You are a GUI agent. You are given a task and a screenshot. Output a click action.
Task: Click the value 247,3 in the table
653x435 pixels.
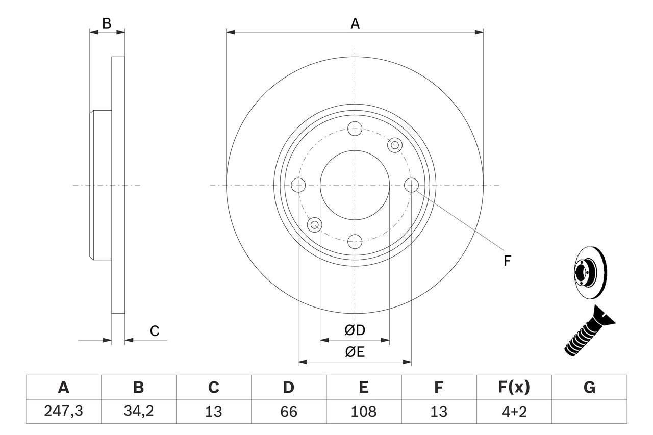click(63, 411)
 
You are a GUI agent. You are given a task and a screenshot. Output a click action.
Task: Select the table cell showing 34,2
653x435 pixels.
click(138, 411)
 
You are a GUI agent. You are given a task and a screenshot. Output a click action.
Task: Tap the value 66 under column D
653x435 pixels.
click(288, 411)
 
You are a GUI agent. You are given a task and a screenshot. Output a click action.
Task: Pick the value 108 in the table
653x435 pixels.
click(363, 411)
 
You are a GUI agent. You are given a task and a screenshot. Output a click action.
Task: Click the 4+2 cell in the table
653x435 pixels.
click(514, 411)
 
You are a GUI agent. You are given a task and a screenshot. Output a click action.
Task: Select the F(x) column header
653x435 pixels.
click(514, 388)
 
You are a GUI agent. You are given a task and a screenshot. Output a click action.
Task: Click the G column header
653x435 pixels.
click(589, 388)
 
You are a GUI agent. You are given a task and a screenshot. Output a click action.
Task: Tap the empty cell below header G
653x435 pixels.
click(589, 411)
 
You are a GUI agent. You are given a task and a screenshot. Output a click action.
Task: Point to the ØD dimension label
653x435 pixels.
click(355, 330)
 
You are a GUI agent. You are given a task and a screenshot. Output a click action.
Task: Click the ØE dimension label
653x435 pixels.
click(355, 352)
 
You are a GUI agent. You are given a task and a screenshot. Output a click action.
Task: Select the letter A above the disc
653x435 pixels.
click(355, 23)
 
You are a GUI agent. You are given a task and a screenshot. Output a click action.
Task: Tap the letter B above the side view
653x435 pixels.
click(106, 23)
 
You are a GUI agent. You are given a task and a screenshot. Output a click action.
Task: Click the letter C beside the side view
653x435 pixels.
click(155, 331)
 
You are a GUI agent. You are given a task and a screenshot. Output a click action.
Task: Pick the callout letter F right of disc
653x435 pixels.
click(507, 261)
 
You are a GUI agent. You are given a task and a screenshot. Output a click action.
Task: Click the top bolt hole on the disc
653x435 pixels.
click(355, 128)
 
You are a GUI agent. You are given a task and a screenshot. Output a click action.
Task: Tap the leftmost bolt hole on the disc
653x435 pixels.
click(298, 185)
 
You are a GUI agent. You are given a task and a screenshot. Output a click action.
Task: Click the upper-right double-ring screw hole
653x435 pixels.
click(394, 145)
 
